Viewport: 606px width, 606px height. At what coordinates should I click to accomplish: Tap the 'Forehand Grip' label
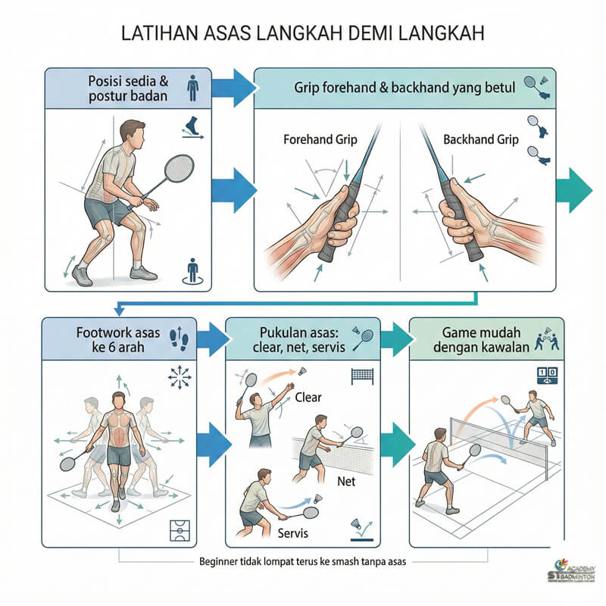tap(320, 140)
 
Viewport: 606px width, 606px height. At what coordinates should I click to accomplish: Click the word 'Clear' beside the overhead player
tap(309, 397)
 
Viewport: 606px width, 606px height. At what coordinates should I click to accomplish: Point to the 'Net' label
tap(345, 481)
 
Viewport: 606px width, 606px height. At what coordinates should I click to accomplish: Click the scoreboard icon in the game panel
tap(547, 373)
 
